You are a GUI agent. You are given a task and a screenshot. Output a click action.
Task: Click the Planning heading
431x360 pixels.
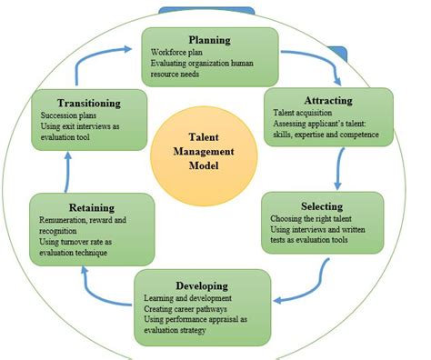click(209, 40)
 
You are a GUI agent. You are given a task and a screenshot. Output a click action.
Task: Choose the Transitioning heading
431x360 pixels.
click(87, 103)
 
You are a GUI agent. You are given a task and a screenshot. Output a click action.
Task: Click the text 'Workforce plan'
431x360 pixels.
click(180, 54)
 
